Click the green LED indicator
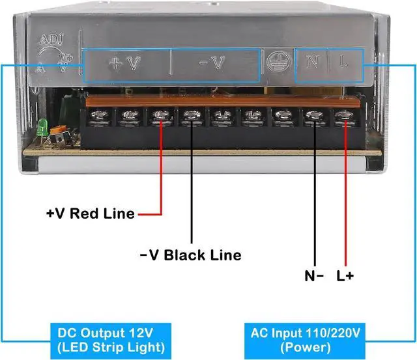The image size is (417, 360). click(40, 127)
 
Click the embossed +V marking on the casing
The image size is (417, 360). click(124, 63)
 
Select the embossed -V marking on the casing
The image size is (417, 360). click(212, 63)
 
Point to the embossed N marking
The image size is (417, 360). click(312, 62)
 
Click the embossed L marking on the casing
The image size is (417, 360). click(344, 62)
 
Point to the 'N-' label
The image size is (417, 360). click(315, 275)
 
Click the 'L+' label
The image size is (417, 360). click(345, 275)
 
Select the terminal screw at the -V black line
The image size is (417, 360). click(190, 117)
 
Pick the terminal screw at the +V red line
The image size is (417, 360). click(160, 117)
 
